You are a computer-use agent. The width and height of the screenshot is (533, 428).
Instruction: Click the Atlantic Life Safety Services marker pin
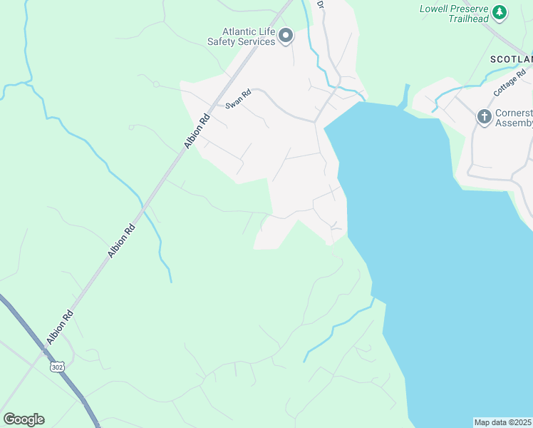(x=286, y=36)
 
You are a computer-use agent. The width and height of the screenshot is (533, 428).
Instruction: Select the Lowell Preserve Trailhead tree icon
(x=500, y=12)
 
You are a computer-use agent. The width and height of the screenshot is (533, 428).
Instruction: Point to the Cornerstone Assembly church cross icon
(x=484, y=116)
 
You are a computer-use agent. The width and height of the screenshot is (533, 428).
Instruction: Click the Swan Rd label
(x=239, y=98)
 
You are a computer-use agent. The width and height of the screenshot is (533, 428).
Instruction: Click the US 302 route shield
(x=57, y=367)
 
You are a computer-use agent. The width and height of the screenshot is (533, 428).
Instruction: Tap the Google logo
(x=24, y=419)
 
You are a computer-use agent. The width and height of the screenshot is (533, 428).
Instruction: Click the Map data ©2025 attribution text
(x=502, y=422)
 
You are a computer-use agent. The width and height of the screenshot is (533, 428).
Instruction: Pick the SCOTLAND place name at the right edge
(x=511, y=59)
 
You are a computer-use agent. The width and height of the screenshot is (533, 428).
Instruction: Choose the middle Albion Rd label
(x=121, y=242)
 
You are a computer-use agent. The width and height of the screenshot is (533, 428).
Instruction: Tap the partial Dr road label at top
(x=320, y=4)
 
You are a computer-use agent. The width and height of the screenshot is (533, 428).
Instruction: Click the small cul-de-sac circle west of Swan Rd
(x=155, y=84)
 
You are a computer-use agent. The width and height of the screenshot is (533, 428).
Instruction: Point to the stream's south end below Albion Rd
(x=171, y=281)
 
